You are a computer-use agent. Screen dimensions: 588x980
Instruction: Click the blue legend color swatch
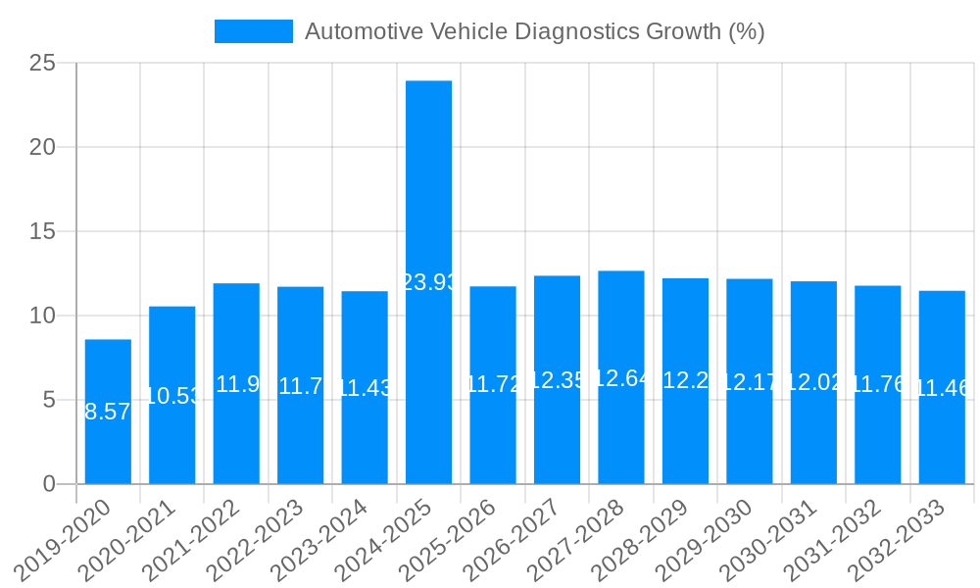(254, 31)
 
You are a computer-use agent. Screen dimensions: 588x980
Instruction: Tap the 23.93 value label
(429, 282)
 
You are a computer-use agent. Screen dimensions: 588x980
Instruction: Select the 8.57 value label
(108, 412)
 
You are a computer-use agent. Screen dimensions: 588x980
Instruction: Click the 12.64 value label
(621, 378)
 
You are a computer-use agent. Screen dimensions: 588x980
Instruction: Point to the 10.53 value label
(172, 396)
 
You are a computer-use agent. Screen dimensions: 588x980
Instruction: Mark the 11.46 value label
(942, 388)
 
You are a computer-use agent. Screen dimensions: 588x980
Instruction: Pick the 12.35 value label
(558, 380)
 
